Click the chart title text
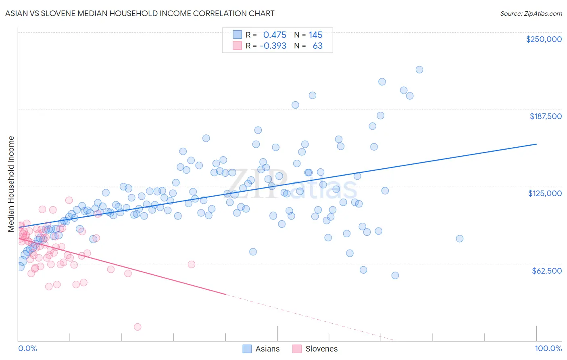coord(140,13)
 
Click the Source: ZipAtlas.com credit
coord(531,13)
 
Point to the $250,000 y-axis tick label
coord(544,39)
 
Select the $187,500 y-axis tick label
coord(545,116)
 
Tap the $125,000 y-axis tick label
coord(545,193)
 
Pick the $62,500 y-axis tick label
coord(546,271)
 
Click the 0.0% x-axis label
coord(27,349)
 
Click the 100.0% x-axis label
coord(548,349)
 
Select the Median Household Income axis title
coord(11,184)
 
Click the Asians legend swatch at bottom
coord(247,349)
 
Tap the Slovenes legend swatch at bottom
coord(297,349)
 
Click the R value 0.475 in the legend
coord(274,35)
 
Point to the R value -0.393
coord(273,46)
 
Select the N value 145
coord(315,35)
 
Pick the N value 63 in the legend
coord(317,46)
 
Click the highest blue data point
coord(419,69)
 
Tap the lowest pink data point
coord(138,327)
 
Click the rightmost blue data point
coord(459,239)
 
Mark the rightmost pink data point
coord(192,264)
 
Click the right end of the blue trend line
coord(536,144)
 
